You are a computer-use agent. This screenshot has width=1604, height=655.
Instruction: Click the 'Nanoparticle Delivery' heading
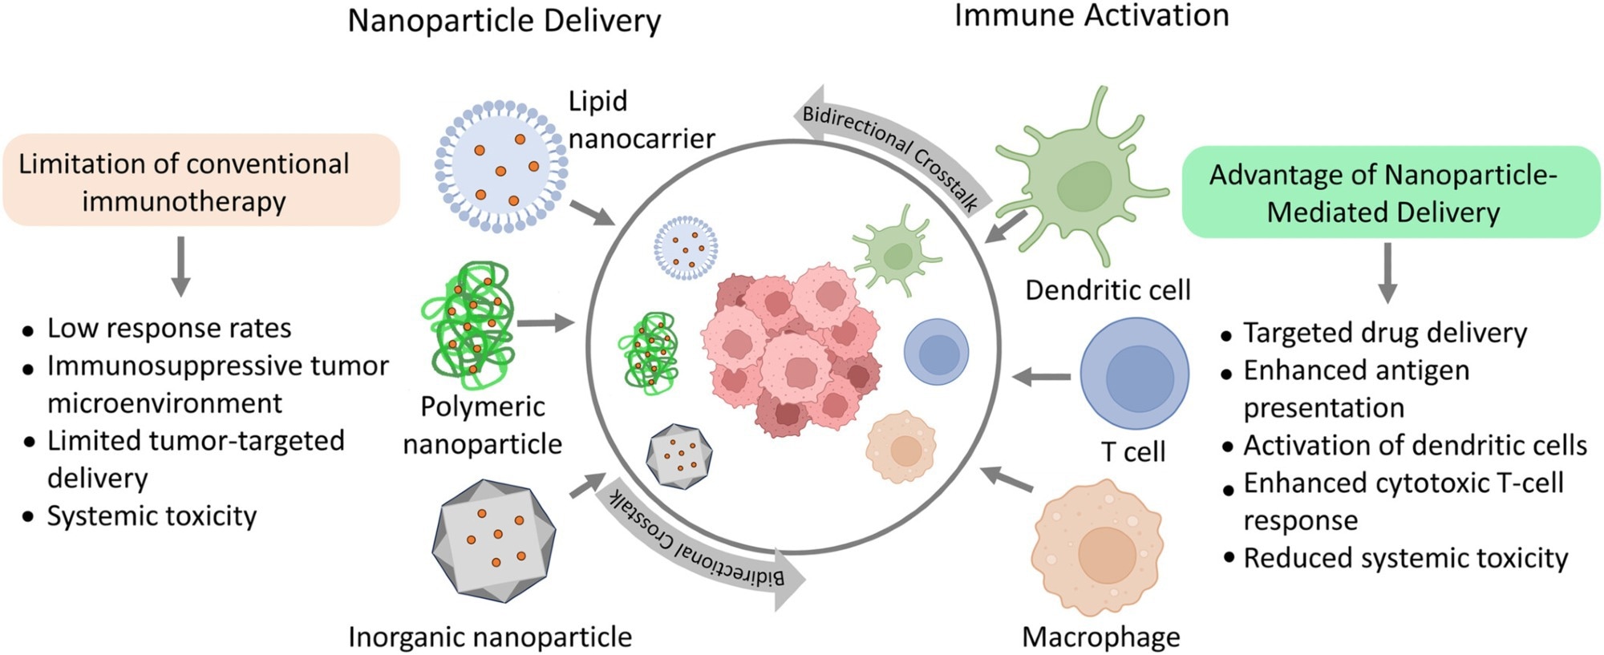[x=504, y=21]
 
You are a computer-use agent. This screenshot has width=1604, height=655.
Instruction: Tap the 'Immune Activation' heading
[x=1092, y=15]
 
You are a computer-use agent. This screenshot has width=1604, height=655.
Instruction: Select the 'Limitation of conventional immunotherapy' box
[x=201, y=180]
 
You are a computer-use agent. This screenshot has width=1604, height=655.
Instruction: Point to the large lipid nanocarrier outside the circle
[x=501, y=167]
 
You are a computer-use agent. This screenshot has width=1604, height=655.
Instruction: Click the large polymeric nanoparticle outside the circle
[x=468, y=319]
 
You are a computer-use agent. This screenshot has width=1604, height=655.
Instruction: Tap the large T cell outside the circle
[x=1134, y=374]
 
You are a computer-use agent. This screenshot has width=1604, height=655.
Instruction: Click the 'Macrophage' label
[x=1100, y=637]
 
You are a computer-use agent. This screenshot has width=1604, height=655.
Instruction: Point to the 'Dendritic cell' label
[x=1108, y=289]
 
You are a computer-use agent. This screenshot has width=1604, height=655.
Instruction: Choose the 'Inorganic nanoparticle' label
[x=490, y=637]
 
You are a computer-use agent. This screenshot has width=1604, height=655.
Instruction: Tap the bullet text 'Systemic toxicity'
[x=152, y=516]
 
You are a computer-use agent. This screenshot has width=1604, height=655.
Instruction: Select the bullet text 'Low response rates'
[x=168, y=328]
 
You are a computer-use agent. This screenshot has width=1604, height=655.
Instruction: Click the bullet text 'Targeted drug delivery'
[x=1385, y=333]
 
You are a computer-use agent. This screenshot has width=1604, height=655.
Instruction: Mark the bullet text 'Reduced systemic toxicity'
[x=1405, y=557]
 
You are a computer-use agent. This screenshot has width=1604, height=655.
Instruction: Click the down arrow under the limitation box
[x=181, y=266]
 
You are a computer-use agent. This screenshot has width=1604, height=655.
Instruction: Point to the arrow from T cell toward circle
[x=1041, y=376]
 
